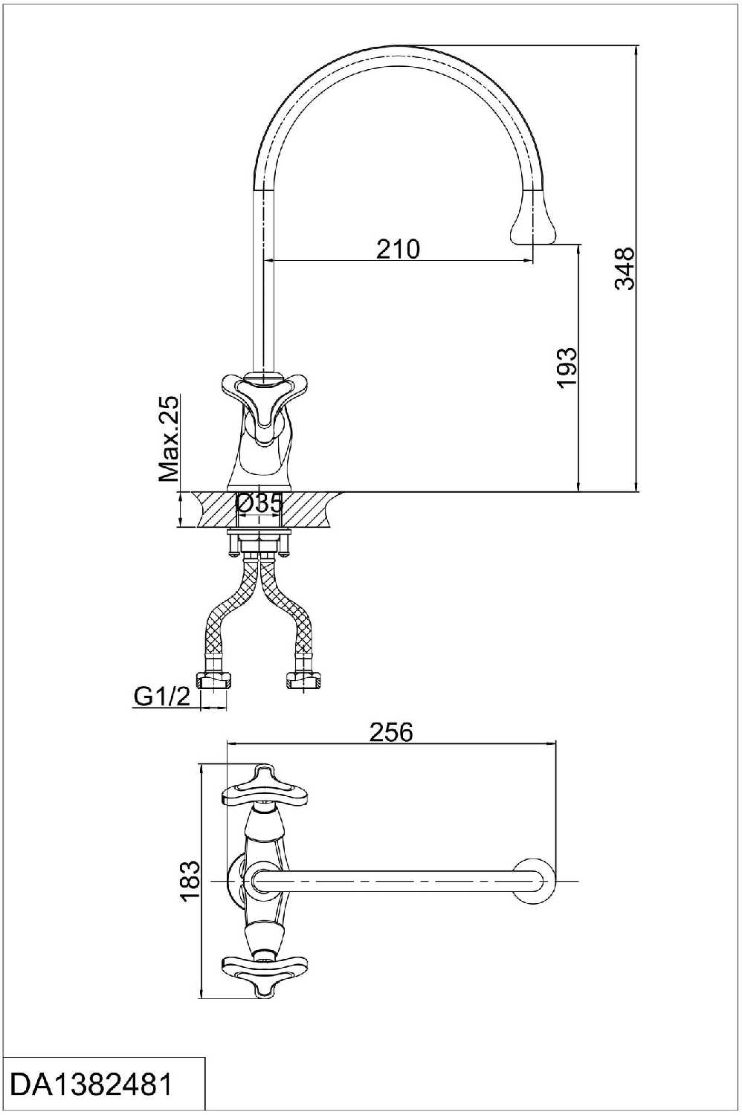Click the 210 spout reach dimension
click(398, 249)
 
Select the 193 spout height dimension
click(567, 367)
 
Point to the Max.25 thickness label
click(169, 438)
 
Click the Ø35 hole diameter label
click(259, 503)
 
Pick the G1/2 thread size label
click(162, 697)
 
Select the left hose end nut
click(216, 679)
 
